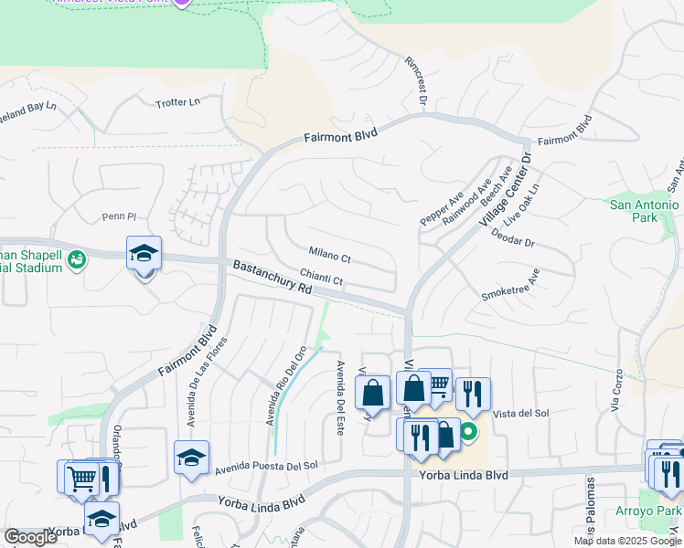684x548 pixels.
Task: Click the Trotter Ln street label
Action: [177, 101]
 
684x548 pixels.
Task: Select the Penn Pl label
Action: [119, 216]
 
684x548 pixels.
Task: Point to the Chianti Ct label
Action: [321, 279]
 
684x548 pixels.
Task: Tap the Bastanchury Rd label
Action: [273, 277]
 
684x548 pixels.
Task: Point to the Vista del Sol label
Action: [520, 413]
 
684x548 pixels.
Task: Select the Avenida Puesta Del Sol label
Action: [266, 468]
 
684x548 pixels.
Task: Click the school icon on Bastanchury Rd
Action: [144, 253]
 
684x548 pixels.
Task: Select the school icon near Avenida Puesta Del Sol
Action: [191, 458]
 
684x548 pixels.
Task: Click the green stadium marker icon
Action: [77, 260]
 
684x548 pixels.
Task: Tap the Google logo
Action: [30, 537]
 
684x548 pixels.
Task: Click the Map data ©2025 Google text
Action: [627, 541]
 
